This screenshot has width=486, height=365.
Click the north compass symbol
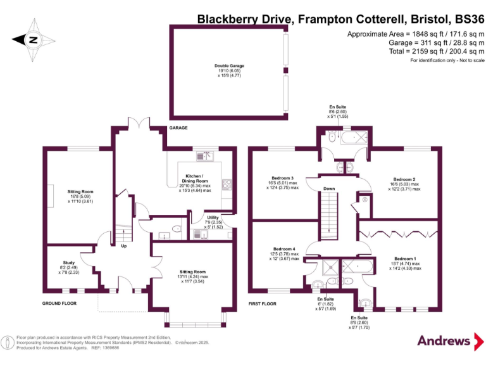pyautogui.click(x=34, y=40)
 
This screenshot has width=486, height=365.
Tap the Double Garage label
pyautogui.click(x=229, y=66)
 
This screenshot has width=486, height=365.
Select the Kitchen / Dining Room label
pyautogui.click(x=194, y=179)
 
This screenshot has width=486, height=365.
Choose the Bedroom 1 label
pyautogui.click(x=405, y=259)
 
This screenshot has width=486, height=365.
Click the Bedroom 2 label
pyautogui.click(x=404, y=179)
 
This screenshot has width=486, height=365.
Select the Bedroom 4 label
pyautogui.click(x=284, y=249)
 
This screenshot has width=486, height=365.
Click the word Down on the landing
pyautogui.click(x=329, y=189)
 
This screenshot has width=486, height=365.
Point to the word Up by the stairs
pyautogui.click(x=123, y=245)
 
